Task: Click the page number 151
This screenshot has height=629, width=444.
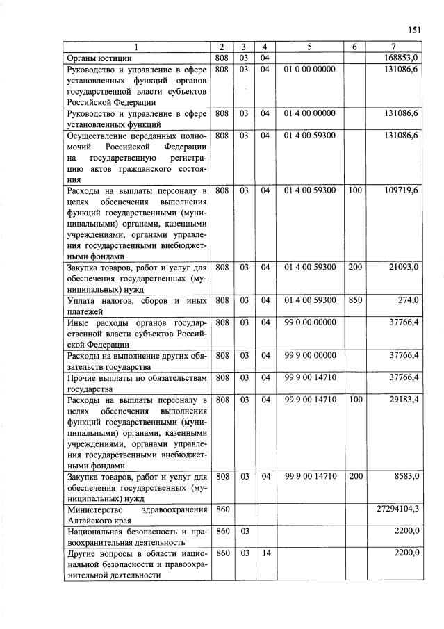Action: coord(413,30)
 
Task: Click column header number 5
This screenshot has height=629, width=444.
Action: coord(309,47)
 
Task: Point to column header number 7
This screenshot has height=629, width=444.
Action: coord(394,47)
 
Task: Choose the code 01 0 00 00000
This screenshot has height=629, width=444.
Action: coord(310,70)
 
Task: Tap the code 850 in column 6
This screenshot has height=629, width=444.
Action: coord(354,300)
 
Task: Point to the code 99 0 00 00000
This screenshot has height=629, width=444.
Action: coord(310,322)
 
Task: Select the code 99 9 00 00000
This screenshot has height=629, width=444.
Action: coord(310,355)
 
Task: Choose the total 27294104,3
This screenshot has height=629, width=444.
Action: coord(397,509)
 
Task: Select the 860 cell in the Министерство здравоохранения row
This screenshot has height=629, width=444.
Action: coord(222,509)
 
